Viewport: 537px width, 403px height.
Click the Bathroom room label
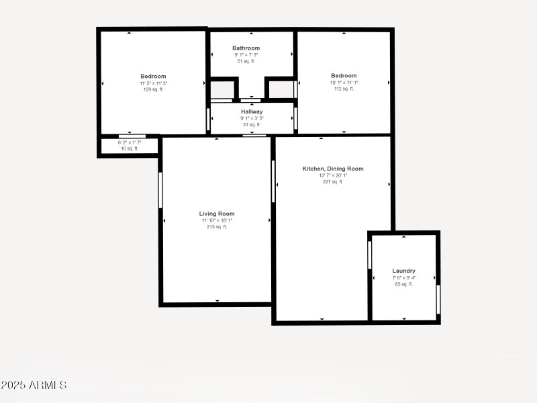(246, 48)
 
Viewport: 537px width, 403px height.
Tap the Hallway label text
(252, 111)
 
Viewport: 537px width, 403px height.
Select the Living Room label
(217, 214)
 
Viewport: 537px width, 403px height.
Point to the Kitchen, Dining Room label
(333, 169)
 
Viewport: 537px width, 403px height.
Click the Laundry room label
(403, 271)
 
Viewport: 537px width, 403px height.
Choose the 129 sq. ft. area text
(153, 89)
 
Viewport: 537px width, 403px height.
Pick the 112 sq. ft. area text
(344, 89)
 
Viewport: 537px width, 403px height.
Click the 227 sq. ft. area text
(333, 181)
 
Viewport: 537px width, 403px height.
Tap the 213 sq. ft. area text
(217, 227)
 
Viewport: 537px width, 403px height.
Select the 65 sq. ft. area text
(403, 284)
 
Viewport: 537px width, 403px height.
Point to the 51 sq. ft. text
(246, 61)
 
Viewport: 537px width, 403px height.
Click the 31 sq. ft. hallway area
(252, 124)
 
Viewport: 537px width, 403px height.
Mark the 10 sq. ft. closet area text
(130, 148)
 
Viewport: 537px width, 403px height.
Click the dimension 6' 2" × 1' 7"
(130, 142)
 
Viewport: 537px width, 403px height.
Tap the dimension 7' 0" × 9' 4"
(403, 277)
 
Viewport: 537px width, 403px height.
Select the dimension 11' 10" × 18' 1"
(217, 220)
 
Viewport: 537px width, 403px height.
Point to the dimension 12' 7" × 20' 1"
(333, 175)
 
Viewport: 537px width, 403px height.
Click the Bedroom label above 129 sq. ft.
(153, 76)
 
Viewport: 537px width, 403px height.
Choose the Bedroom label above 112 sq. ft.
(344, 75)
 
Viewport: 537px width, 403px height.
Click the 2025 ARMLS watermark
(34, 385)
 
